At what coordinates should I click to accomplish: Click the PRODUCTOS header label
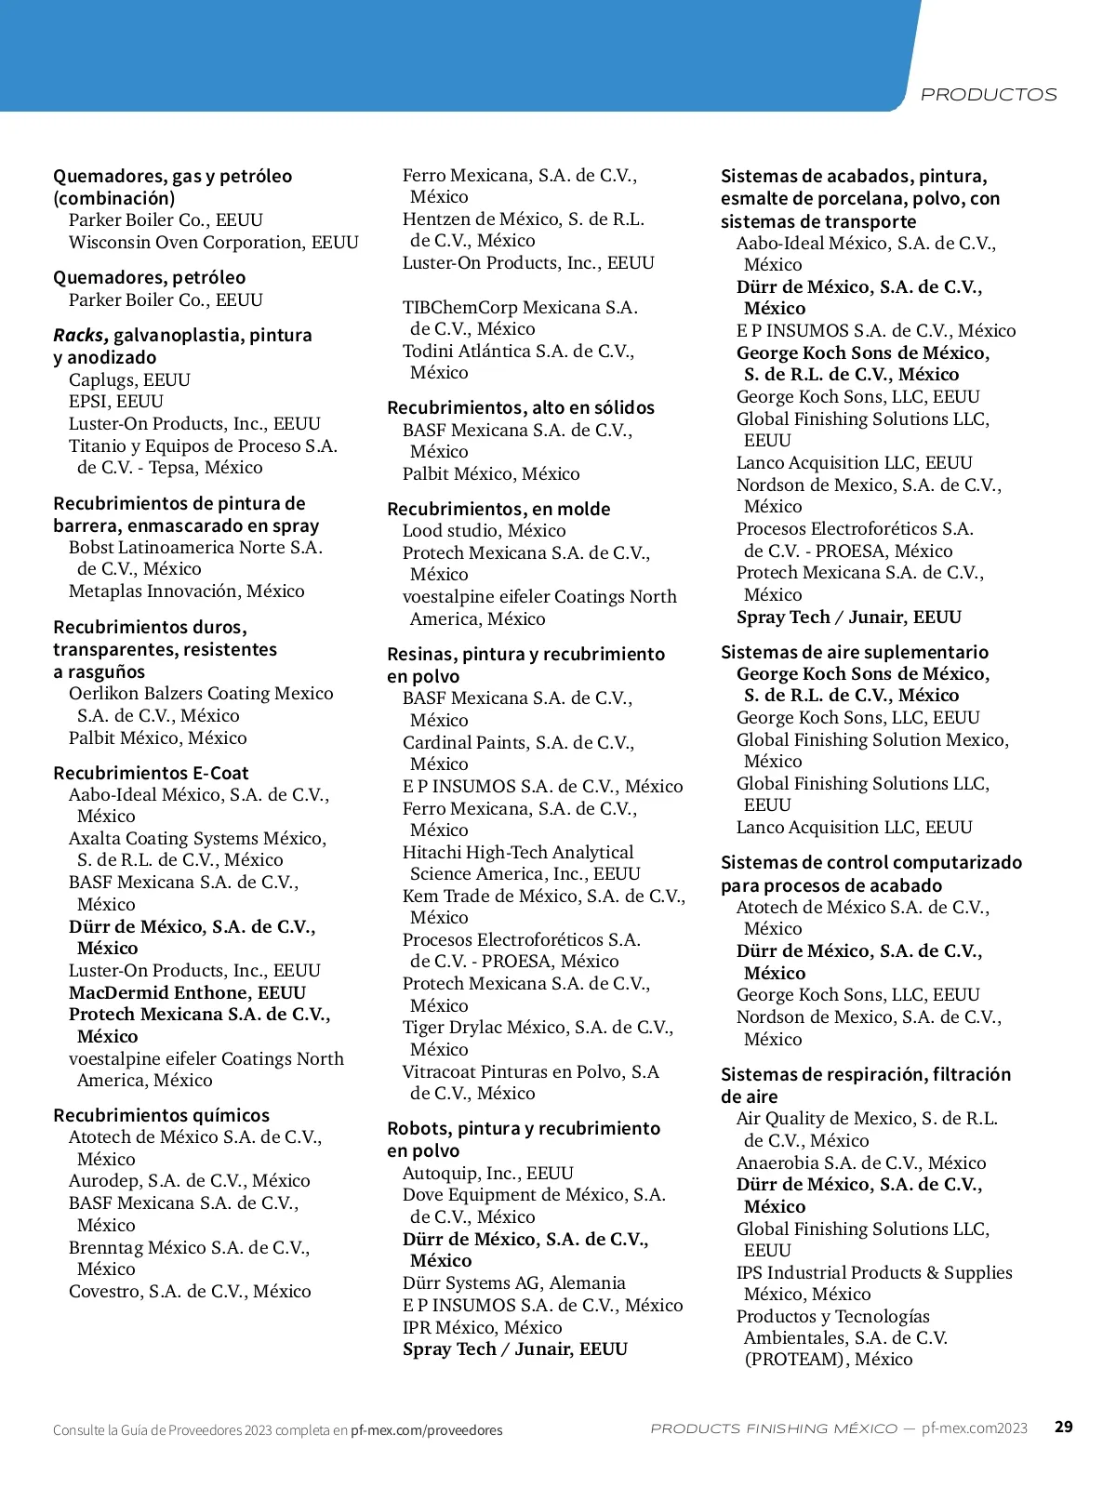coord(988,95)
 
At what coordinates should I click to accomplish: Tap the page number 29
coord(1063,1427)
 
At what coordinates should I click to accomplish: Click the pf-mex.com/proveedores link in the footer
coord(426,1430)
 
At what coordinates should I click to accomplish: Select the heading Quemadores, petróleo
coord(149,277)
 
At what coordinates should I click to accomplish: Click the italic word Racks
coord(80,335)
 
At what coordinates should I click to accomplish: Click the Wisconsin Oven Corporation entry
coord(213,242)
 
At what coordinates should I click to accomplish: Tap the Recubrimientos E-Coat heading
coord(151,773)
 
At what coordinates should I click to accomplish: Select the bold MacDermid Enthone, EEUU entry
coord(187,992)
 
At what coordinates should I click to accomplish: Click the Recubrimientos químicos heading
coord(161,1115)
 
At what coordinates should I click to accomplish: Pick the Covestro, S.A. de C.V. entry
coord(190,1291)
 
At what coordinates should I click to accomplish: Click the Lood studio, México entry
coord(484,530)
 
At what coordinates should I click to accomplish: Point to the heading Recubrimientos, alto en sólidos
coord(520,407)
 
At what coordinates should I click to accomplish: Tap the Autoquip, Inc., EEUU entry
coord(487,1173)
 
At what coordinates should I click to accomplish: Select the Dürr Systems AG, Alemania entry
coord(513,1282)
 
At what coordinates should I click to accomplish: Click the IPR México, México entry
coord(482,1327)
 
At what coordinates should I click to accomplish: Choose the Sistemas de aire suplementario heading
coord(854,652)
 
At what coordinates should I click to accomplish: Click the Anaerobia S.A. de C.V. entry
coord(860,1162)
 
